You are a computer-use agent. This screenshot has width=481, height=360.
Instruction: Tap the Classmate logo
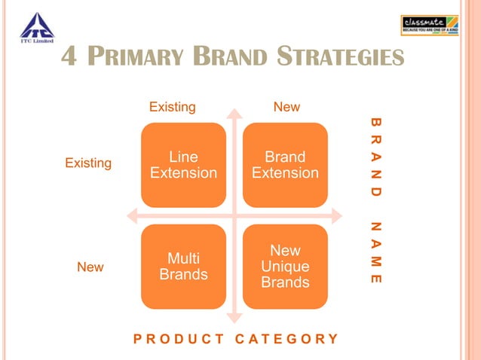(429, 26)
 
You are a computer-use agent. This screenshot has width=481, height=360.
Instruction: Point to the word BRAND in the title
(229, 57)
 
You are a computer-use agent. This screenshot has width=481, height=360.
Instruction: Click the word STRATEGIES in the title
(339, 57)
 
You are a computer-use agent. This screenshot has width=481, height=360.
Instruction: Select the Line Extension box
(183, 165)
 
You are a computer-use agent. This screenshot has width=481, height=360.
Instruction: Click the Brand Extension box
(285, 165)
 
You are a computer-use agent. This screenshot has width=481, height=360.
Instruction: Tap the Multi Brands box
(183, 267)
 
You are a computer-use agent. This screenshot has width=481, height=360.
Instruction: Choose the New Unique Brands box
(285, 267)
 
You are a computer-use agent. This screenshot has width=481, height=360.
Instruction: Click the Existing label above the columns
(172, 107)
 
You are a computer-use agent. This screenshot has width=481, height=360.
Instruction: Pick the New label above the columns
(286, 107)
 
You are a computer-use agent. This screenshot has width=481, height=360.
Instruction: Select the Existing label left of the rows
(88, 163)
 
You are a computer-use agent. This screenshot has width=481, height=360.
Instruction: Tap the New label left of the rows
(90, 267)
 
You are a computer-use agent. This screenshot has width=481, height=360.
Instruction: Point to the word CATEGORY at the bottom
(286, 338)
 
